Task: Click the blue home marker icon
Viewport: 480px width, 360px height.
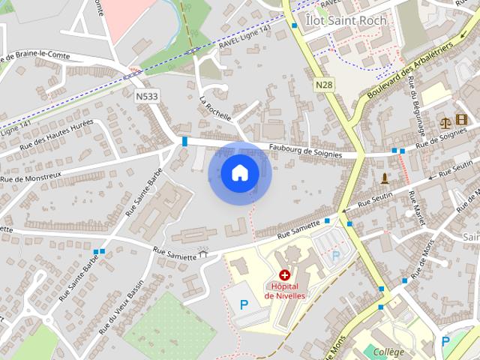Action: coord(239,172)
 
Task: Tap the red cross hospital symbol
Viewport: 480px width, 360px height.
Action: coord(284,276)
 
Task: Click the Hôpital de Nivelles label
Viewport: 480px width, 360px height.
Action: coord(284,290)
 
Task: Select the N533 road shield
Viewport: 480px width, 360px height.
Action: coord(148,96)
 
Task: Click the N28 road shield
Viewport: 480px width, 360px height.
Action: coord(324,85)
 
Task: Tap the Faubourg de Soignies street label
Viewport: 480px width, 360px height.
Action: coord(305,151)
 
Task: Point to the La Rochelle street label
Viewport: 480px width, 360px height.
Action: coord(215,109)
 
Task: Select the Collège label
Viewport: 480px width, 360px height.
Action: coord(388,352)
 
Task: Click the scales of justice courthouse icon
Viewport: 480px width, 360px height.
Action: coord(444,120)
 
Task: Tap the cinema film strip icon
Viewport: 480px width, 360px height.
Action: coord(460,120)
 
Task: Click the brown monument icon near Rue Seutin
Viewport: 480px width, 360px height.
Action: coord(385,178)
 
